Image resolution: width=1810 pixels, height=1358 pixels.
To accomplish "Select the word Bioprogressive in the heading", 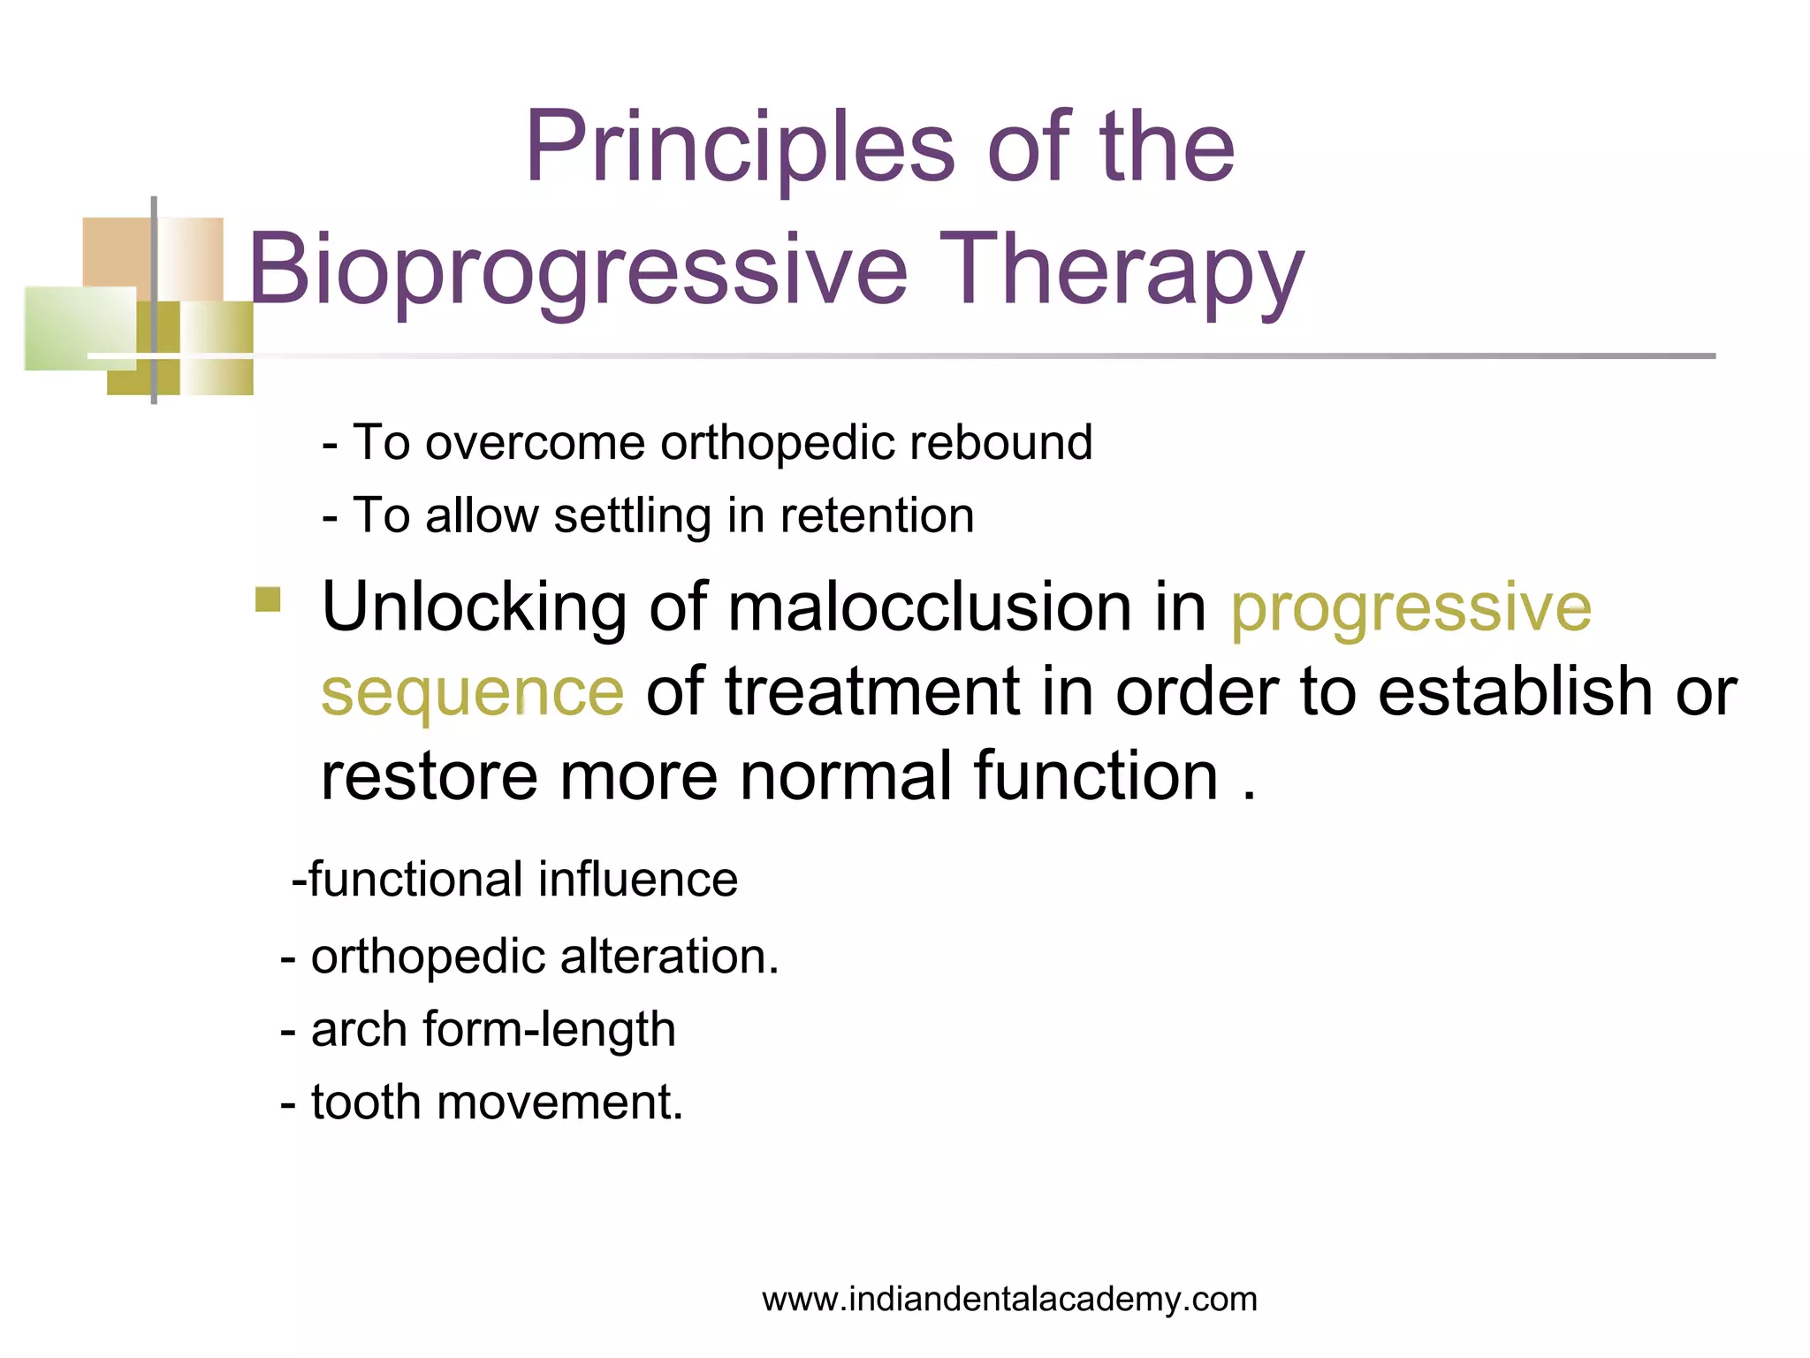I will [x=578, y=269].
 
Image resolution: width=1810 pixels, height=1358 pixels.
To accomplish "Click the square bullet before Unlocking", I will [x=268, y=600].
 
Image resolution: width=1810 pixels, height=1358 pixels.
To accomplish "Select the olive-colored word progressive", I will [x=1411, y=607].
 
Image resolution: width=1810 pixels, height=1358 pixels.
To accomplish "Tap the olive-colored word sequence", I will [x=472, y=692].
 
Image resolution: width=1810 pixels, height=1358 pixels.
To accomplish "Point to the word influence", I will [x=637, y=880].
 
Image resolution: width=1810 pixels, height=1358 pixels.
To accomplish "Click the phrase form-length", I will [x=549, y=1030].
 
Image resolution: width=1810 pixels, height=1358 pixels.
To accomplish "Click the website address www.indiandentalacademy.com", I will [x=1009, y=1300].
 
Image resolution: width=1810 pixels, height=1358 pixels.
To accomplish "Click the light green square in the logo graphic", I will [x=80, y=327].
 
